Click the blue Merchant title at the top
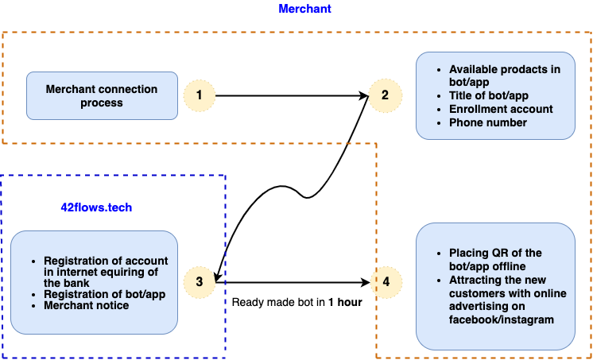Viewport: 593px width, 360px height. [305, 9]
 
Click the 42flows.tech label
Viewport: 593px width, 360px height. [96, 207]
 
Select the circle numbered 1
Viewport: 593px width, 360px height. [199, 96]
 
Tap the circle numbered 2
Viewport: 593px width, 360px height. [385, 96]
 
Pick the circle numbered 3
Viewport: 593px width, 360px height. [199, 282]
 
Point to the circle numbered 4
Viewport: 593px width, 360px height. [386, 282]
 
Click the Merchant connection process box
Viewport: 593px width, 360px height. [102, 96]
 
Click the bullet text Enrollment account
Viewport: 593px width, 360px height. [501, 109]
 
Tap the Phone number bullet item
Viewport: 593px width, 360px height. [487, 122]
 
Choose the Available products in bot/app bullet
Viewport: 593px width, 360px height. [504, 75]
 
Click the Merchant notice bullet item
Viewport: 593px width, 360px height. [86, 305]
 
